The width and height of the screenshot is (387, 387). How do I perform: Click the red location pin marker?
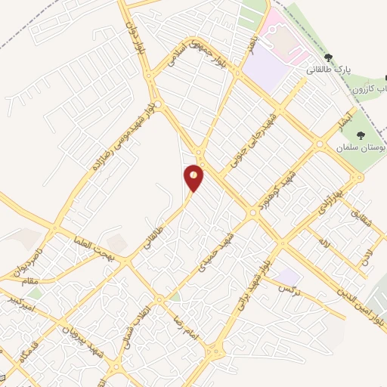193,177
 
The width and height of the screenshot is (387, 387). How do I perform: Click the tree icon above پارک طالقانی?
327,57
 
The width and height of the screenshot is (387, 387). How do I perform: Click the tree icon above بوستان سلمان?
360,135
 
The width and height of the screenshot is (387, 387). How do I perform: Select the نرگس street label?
289,289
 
